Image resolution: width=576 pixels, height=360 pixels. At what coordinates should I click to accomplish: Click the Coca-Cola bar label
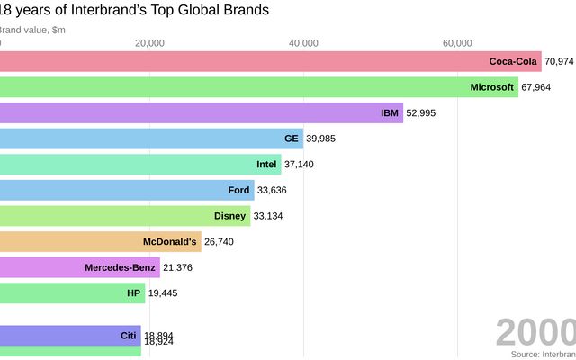coord(513,61)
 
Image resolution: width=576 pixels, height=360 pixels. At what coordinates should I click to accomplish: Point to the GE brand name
coord(291,139)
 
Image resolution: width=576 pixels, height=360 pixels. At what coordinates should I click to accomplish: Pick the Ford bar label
coord(238,190)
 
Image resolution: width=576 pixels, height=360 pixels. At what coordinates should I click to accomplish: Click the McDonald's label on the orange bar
coord(169,241)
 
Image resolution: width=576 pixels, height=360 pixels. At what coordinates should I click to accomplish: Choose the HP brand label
coord(134,292)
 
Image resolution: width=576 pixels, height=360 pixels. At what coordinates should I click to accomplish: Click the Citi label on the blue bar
coord(128,336)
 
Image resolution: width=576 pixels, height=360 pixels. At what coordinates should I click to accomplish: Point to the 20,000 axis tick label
coord(149,43)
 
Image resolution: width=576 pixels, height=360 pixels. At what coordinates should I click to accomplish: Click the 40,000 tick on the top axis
coord(304,43)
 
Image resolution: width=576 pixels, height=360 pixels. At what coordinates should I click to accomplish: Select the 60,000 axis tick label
coord(458,43)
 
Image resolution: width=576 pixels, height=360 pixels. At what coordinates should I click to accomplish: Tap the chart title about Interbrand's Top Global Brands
coord(135,11)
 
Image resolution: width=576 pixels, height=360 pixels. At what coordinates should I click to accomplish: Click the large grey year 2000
coord(535,332)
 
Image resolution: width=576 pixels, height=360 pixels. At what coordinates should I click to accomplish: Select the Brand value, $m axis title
coord(32,30)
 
